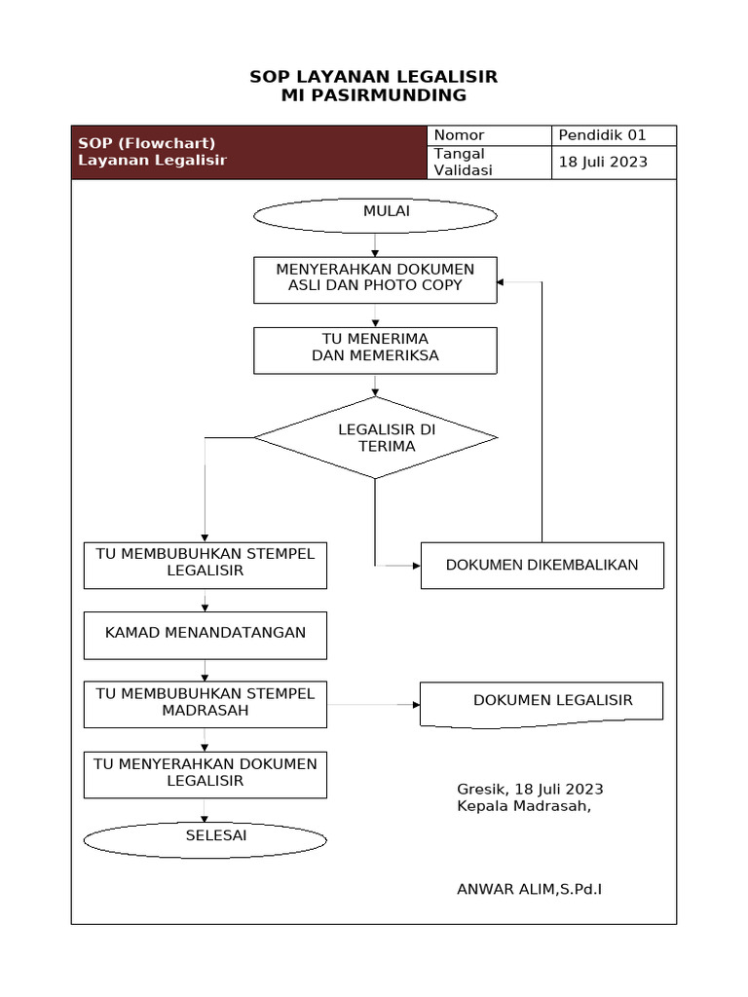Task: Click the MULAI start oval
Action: pyautogui.click(x=375, y=215)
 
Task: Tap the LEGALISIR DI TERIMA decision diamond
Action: pyautogui.click(x=376, y=438)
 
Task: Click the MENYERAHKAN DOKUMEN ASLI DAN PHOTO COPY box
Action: pyautogui.click(x=375, y=279)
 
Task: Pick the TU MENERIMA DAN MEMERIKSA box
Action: pyautogui.click(x=375, y=350)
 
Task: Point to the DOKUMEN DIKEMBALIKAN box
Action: pyautogui.click(x=542, y=566)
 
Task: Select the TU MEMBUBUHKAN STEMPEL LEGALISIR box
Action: pyautogui.click(x=205, y=566)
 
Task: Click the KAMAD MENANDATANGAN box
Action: pyautogui.click(x=205, y=635)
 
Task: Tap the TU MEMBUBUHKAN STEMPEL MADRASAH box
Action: pyautogui.click(x=205, y=704)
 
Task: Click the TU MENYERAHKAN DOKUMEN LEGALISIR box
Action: pyautogui.click(x=205, y=774)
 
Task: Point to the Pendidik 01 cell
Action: pyautogui.click(x=615, y=135)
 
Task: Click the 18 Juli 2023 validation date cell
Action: pyautogui.click(x=615, y=163)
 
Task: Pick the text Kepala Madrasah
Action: pyautogui.click(x=523, y=806)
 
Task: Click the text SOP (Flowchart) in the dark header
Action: pyautogui.click(x=146, y=143)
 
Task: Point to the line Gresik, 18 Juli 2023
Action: pyautogui.click(x=530, y=789)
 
